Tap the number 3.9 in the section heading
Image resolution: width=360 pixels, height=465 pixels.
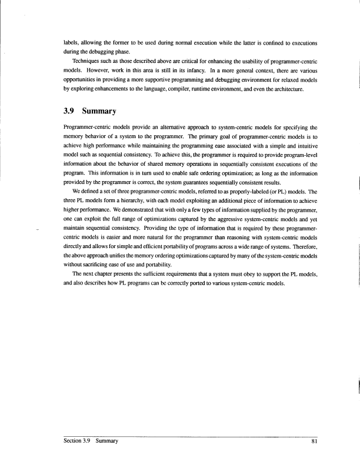pos(74,109)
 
